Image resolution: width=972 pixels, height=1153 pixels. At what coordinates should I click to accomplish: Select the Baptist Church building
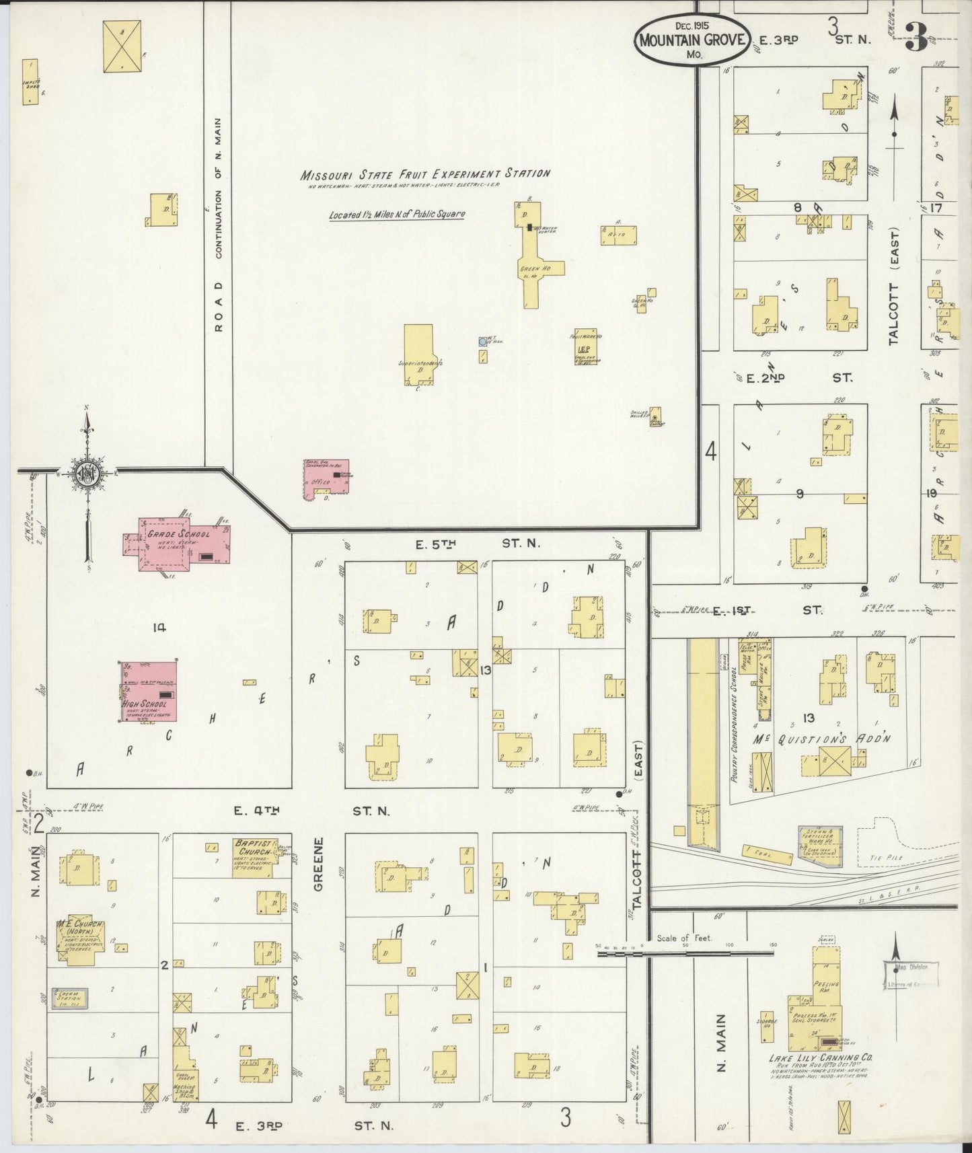point(252,857)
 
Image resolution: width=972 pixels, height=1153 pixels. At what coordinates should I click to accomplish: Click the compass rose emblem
point(88,472)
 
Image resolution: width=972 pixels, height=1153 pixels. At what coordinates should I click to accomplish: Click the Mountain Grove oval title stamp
point(691,40)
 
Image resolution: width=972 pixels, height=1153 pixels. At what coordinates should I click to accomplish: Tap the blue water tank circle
point(482,342)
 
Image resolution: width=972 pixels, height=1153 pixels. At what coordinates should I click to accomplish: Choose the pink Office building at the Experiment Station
point(325,479)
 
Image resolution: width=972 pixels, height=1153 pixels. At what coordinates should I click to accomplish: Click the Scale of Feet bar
point(686,952)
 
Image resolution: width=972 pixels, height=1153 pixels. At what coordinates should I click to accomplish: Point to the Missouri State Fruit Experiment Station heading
point(425,174)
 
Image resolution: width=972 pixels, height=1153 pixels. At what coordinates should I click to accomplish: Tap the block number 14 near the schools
point(159,628)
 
